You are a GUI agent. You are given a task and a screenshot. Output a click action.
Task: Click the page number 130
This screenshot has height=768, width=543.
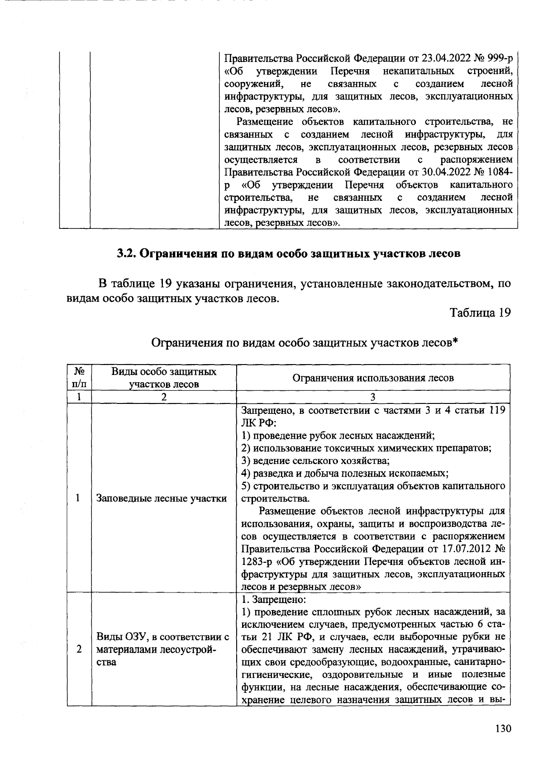tap(503, 729)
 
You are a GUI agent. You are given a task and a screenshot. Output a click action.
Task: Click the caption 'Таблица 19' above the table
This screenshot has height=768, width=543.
tap(480, 313)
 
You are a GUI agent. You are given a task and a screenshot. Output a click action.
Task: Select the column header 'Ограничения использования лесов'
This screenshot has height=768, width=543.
tap(373, 378)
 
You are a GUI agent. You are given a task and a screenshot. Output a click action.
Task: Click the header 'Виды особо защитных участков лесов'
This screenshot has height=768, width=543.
tap(164, 378)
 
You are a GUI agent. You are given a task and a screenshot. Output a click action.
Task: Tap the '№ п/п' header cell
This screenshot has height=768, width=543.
tap(79, 378)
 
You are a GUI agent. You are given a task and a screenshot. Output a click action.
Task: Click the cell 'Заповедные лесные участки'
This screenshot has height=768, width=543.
tap(161, 498)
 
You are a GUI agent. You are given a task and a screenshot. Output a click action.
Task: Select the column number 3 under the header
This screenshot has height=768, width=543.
tap(373, 397)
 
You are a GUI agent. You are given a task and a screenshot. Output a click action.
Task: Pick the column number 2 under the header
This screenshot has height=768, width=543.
tap(164, 397)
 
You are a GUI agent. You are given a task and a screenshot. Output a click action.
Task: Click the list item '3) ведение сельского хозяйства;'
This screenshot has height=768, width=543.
tap(315, 461)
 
